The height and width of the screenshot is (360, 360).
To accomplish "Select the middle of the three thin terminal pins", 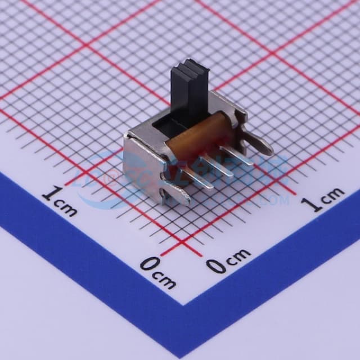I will point(216,166).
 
